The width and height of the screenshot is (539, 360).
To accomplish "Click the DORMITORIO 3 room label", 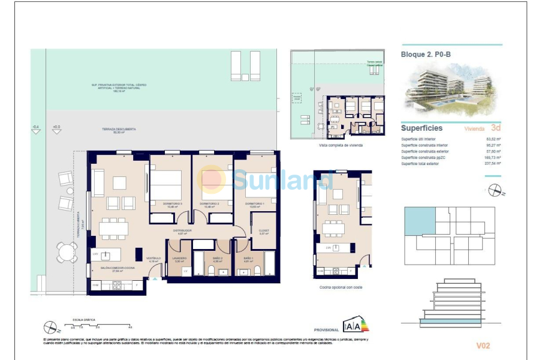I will pyautogui.click(x=172, y=204).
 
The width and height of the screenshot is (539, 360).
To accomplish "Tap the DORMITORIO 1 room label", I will pyautogui.click(x=255, y=204).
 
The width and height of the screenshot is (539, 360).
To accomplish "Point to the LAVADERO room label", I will pyautogui.click(x=180, y=259).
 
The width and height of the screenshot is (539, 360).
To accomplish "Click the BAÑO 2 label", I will pyautogui.click(x=218, y=259).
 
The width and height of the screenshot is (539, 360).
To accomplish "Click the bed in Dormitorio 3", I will pyautogui.click(x=169, y=184).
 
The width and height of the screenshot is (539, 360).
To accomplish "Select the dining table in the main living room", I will pyautogui.click(x=113, y=228).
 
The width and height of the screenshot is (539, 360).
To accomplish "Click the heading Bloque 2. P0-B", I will pyautogui.click(x=425, y=54).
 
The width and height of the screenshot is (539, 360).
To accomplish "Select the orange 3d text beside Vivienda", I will pyautogui.click(x=495, y=128).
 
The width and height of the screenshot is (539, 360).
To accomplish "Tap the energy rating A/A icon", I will pyautogui.click(x=356, y=326).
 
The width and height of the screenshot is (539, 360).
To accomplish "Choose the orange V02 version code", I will pyautogui.click(x=483, y=346).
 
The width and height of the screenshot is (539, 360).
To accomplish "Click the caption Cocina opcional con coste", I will pyautogui.click(x=341, y=287).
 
